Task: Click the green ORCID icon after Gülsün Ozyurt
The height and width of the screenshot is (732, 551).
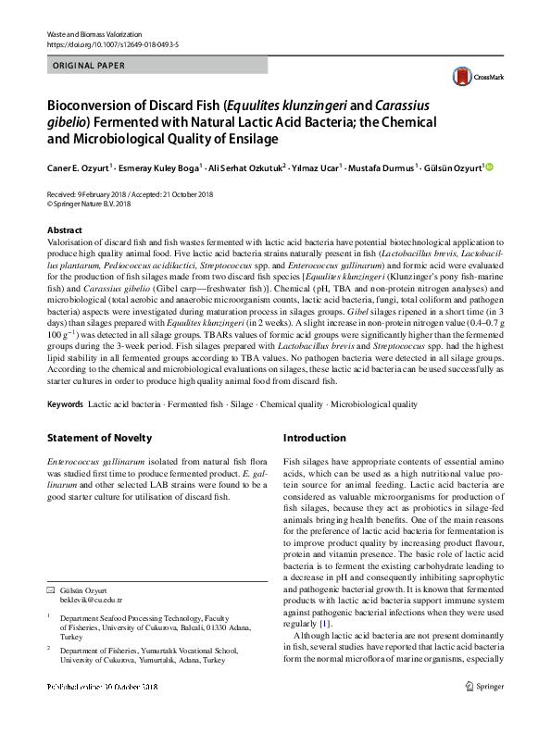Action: (x=491, y=167)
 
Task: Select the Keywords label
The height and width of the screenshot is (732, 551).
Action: (x=65, y=404)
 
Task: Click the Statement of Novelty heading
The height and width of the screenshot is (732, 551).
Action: (x=99, y=438)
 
